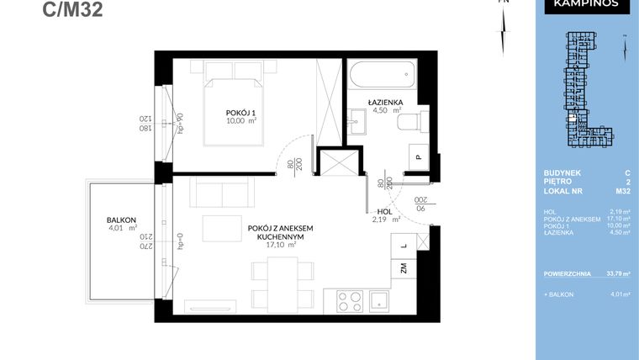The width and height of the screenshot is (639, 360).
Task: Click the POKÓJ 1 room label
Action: click(241, 112)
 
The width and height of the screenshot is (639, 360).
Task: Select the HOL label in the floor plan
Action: click(385, 212)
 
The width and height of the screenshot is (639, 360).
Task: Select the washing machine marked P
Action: click(418, 156)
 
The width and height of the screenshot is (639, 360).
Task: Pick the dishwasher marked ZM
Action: click(404, 269)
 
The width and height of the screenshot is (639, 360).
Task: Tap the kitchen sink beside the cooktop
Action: click(380, 299)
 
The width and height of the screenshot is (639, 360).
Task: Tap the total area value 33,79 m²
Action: click(621, 273)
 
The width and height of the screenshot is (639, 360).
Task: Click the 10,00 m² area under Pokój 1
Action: click(241, 121)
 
